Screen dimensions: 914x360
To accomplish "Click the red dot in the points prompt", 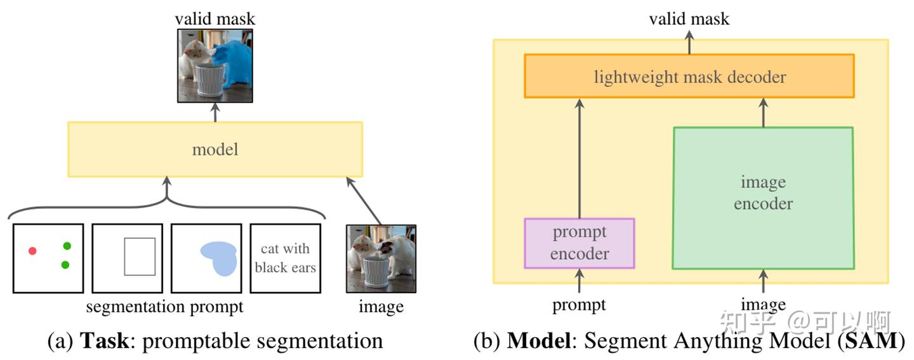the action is pos(32,251).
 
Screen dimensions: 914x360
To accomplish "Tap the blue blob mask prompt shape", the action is pos(220,258).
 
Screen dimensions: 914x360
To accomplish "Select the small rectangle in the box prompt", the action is pos(140,257).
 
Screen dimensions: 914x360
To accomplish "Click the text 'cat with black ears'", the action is pos(285,258).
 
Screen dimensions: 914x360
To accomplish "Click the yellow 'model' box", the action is pos(215,149).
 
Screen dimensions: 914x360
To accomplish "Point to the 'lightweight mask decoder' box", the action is pos(689,76).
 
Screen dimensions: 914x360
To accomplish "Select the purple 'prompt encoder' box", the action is pos(580,243).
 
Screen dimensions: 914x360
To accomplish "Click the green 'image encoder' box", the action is pos(763,198).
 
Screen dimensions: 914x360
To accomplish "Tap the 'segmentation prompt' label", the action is pos(164,307).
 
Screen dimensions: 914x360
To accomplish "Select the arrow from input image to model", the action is pos(364,201).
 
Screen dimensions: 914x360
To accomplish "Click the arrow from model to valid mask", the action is pos(215,112).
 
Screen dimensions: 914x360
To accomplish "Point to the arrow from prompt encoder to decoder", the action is pos(580,158).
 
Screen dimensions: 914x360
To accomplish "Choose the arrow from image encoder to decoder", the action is pos(763,112).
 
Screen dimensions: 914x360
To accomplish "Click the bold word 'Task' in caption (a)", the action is pos(105,340).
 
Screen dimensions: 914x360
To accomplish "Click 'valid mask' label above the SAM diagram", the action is pos(689,19).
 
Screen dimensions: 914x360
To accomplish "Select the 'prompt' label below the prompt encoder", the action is pos(579,305).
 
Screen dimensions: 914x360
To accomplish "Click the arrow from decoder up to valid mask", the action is pos(689,43).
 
